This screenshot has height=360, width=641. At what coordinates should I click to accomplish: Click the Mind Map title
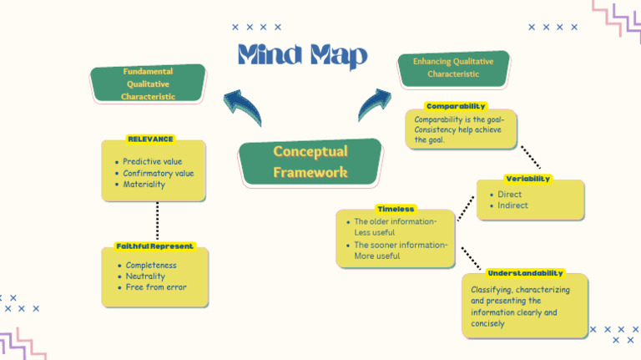(x=302, y=55)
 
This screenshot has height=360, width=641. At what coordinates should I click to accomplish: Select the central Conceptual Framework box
(x=310, y=162)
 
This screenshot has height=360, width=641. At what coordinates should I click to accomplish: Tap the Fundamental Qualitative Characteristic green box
(x=149, y=84)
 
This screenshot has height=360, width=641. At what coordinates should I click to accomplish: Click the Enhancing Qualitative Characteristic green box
(x=453, y=68)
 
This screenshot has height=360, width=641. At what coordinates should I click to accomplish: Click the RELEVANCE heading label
(x=150, y=139)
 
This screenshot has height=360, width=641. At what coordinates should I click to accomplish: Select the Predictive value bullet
(x=152, y=161)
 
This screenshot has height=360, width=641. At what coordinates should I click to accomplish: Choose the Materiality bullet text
(x=144, y=185)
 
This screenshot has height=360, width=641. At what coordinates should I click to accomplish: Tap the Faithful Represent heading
(x=155, y=246)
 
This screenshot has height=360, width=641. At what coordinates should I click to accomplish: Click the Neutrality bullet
(x=145, y=276)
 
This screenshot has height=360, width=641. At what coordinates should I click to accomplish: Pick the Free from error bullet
(x=156, y=287)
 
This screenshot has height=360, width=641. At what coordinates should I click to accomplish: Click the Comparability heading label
(x=456, y=106)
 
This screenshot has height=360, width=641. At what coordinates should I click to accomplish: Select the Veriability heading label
(x=527, y=179)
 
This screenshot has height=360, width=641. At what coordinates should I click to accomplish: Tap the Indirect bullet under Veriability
(x=512, y=205)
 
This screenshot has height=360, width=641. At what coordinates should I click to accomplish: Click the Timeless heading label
(x=396, y=209)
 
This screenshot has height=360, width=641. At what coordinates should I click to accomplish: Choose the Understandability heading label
(x=525, y=273)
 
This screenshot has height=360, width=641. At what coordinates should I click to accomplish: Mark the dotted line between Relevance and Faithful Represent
(x=157, y=221)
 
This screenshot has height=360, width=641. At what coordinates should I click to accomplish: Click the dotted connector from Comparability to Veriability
(x=530, y=158)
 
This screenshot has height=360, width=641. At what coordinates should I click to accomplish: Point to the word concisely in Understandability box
(x=487, y=324)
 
